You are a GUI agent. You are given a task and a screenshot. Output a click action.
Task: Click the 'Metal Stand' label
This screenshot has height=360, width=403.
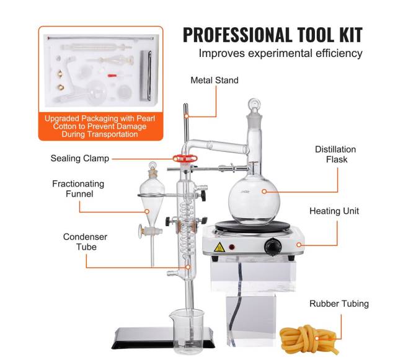coord(215,81)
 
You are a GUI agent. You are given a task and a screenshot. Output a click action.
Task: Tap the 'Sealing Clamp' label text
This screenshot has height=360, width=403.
coord(80,159)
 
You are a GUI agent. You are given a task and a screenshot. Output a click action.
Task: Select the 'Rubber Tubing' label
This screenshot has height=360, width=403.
coord(339,304)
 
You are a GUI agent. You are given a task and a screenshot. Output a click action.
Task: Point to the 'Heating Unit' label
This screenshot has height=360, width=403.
coord(334,211)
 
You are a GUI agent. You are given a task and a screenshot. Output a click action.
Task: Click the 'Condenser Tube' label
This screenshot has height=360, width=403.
coord(86,242)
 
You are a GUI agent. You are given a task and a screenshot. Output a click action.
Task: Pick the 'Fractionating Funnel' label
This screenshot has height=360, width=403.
coord(78,189)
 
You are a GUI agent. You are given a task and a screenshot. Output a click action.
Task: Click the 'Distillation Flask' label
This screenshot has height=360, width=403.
coord(335,154)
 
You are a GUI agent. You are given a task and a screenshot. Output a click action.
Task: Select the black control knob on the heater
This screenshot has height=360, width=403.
coord(273,247)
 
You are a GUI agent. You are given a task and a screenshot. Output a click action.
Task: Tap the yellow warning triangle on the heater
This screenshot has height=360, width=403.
coord(219,247)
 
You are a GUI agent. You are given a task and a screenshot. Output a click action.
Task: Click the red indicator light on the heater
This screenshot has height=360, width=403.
coord(232,247)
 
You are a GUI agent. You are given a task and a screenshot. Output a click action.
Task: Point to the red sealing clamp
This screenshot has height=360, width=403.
coord(185,158)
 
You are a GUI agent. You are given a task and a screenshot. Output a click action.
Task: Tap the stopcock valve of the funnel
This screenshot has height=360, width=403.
coord(151,230)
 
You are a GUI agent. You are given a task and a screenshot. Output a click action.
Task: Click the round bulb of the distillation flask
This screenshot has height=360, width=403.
coord(254,198)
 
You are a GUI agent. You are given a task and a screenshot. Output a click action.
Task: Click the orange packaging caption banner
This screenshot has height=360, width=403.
coord(100,126)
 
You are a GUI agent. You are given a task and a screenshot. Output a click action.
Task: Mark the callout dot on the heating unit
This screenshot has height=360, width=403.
coord(299,245)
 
